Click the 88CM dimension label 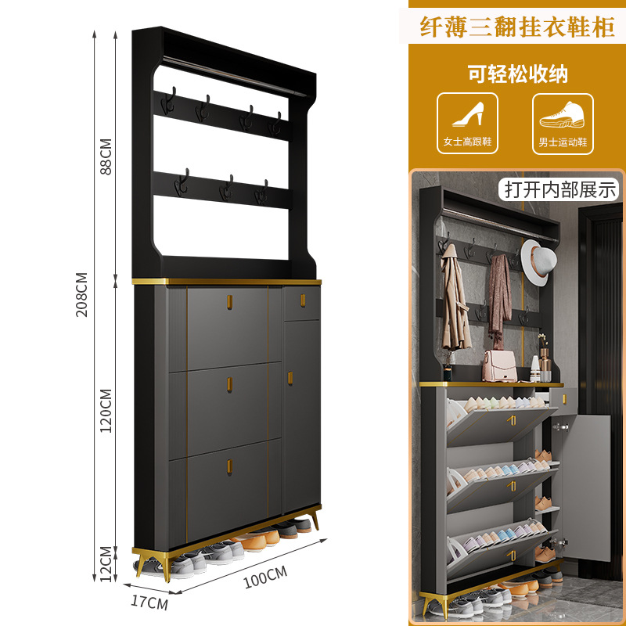[106, 156]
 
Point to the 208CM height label [82, 294]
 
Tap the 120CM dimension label [106, 411]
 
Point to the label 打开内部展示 [560, 189]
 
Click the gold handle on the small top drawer [302, 296]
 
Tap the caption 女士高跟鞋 [467, 142]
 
